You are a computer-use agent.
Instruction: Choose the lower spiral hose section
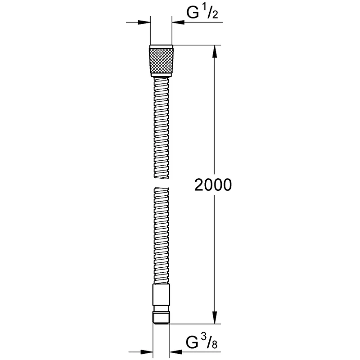(161, 236)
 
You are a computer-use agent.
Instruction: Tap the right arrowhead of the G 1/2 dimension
(176, 21)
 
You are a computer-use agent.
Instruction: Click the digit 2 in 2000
(199, 185)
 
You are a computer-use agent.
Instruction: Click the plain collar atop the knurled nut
(161, 47)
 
